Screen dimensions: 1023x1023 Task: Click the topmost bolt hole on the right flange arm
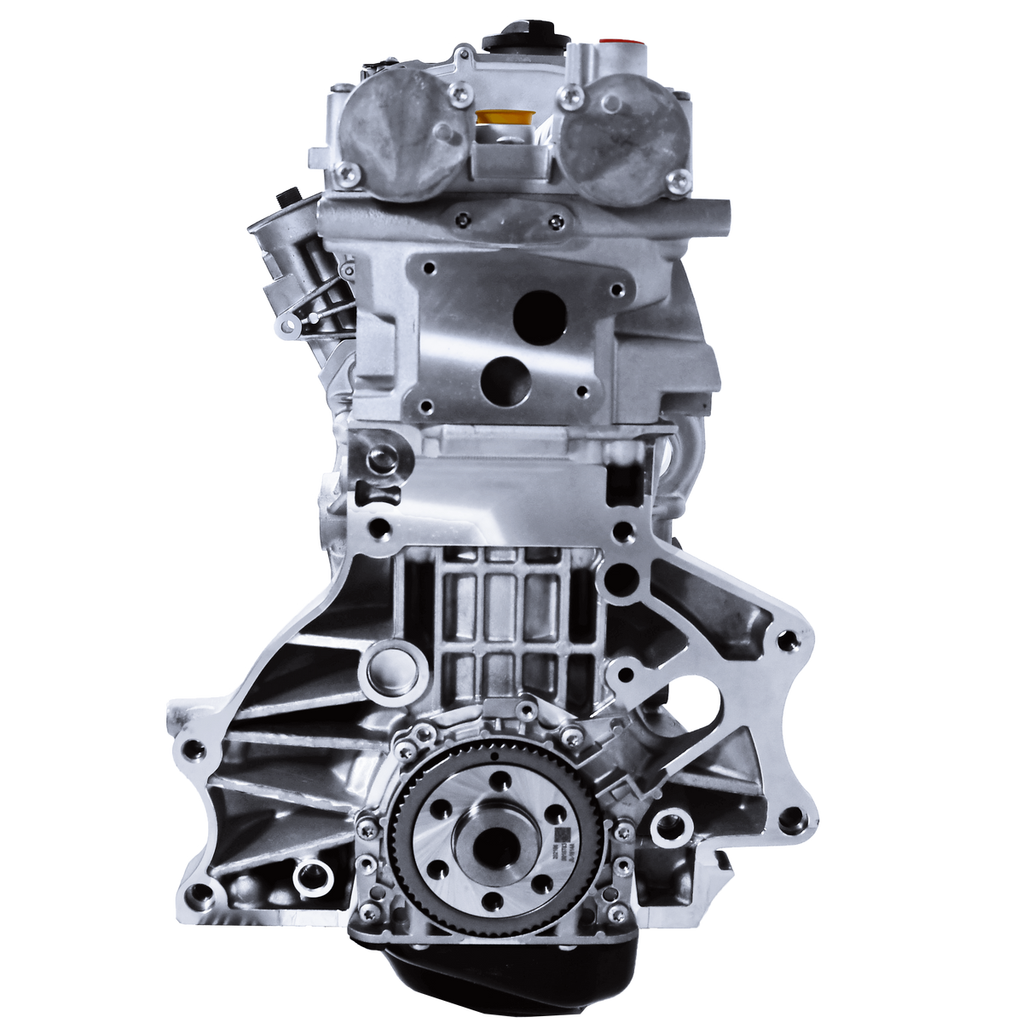tap(785, 636)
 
